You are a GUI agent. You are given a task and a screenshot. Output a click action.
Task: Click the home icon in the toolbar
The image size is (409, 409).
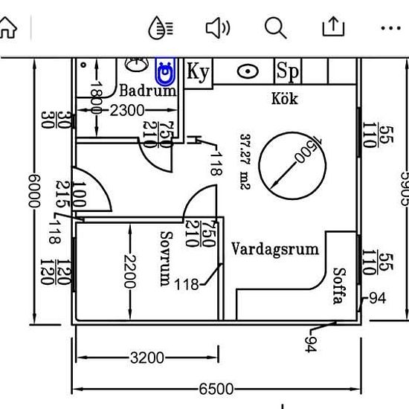click(8, 28)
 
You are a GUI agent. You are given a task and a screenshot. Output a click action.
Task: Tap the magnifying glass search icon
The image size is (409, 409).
click(275, 28)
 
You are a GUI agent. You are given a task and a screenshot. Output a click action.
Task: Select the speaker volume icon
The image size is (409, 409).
click(218, 28)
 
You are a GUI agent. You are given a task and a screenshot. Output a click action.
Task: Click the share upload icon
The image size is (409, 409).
click(333, 26)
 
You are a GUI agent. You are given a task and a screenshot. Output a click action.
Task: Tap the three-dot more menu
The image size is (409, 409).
click(390, 28)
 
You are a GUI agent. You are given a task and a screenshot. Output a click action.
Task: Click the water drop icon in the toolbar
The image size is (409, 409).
click(161, 28)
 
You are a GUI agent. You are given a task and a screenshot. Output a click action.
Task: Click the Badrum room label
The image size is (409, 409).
click(148, 91)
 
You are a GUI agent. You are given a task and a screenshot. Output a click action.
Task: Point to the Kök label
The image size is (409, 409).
click(285, 98)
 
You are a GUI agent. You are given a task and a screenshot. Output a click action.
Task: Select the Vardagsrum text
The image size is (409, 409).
click(275, 249)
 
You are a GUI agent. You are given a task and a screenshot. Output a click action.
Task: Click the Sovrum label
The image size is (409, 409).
click(166, 259)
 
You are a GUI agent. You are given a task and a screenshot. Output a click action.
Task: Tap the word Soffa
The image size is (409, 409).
click(340, 286)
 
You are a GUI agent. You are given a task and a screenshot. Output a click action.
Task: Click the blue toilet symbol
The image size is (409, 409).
click(165, 71)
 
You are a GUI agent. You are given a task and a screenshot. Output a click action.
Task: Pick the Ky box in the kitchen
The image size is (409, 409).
click(199, 72)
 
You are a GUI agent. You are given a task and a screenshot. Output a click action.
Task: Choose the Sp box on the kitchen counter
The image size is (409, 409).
click(288, 71)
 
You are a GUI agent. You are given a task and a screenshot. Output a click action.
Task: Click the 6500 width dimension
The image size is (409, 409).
click(216, 389)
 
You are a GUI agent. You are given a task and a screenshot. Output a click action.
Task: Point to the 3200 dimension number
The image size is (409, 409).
click(147, 358)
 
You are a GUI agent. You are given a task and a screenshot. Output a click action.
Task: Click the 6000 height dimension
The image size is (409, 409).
click(34, 191)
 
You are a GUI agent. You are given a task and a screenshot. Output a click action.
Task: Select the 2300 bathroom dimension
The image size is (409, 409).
click(127, 110)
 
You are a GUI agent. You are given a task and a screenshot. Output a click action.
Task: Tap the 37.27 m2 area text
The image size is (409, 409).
click(245, 161)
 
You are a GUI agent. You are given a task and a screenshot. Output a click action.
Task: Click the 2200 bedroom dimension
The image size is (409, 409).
click(130, 271)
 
